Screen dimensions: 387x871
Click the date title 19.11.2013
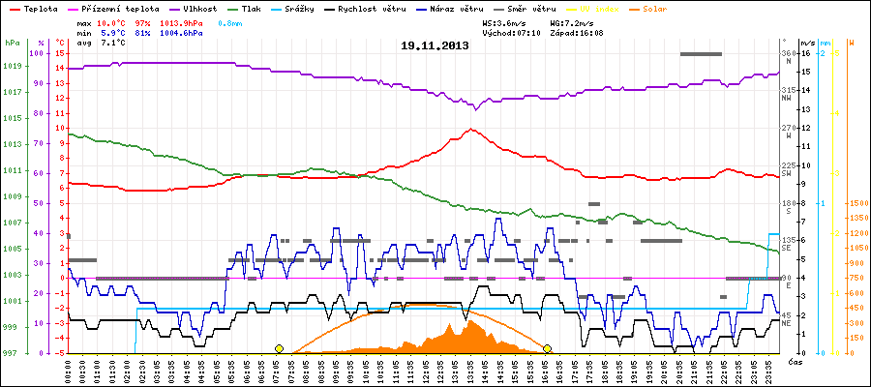click(435, 45)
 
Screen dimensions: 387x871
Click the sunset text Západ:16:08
click(576, 32)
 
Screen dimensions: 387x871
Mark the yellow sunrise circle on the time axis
click(279, 348)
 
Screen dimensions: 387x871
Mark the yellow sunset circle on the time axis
click(547, 348)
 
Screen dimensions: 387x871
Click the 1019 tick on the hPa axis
click(13, 67)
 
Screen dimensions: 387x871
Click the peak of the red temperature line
click(470, 129)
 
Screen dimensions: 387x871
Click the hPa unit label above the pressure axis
click(12, 43)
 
